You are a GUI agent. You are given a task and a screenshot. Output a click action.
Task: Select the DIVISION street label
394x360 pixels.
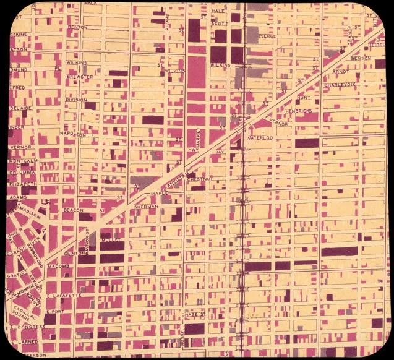76,99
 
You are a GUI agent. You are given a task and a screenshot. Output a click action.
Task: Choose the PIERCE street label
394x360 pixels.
267,36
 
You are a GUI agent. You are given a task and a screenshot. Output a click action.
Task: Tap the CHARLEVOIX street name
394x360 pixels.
342,85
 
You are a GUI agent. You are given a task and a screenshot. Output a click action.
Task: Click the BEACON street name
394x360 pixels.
73,210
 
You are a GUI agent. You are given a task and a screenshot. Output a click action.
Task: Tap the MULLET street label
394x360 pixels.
109,238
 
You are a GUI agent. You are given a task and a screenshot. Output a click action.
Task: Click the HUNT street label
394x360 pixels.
303,97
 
